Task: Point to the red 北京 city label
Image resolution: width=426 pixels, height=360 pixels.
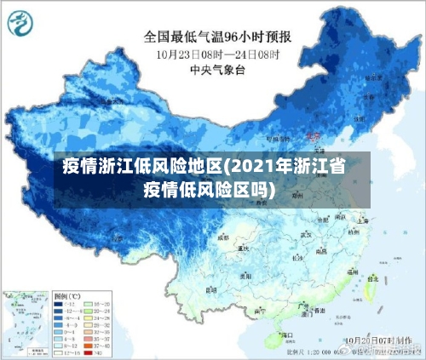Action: (313, 136)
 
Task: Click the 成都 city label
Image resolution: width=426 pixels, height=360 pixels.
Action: (223, 238)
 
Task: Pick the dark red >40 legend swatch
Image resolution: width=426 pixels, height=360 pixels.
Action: (89, 351)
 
